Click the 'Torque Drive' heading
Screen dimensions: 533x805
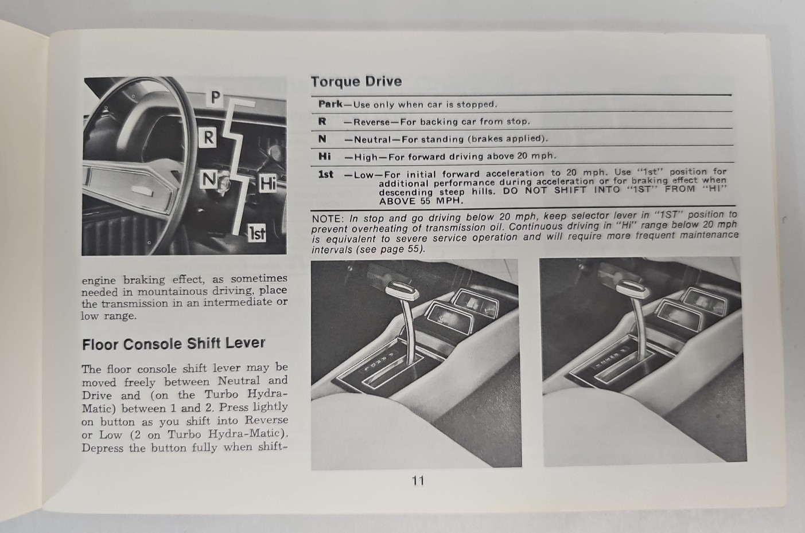coord(356,81)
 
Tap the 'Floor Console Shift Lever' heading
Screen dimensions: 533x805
coord(173,344)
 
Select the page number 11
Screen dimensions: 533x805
coord(418,480)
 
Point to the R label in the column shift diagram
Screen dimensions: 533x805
coord(209,138)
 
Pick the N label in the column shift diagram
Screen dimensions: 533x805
coord(208,180)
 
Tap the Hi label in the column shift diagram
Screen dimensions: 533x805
coord(267,183)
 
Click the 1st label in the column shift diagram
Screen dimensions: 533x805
coord(256,233)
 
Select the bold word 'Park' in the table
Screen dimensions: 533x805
coord(330,104)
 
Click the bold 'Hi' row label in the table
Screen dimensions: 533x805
coord(325,156)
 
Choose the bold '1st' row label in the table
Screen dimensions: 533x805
coord(325,174)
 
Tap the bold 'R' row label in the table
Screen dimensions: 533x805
coord(322,122)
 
